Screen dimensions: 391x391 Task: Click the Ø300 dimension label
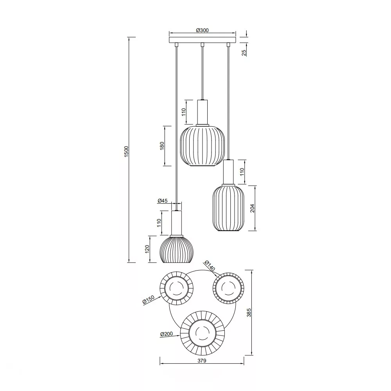[x=202, y=30]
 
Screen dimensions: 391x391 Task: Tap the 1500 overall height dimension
[x=126, y=151]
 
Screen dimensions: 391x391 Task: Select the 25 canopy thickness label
[x=244, y=52]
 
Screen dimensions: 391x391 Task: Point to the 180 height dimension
[x=162, y=146]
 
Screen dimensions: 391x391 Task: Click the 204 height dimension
[x=253, y=208]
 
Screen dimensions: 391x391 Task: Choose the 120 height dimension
[x=147, y=249]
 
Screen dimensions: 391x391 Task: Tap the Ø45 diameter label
[x=163, y=201]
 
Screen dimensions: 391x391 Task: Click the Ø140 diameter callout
[x=210, y=266]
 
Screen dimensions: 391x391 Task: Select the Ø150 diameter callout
[x=148, y=300]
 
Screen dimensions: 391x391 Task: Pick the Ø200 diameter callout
[x=167, y=334]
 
